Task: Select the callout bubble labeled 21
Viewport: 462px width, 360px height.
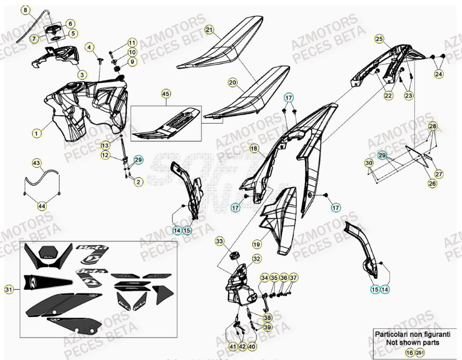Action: [209, 30]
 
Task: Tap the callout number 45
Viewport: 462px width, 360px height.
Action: [165, 94]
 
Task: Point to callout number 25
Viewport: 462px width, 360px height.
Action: [379, 39]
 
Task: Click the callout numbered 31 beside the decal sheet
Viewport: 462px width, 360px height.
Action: [8, 290]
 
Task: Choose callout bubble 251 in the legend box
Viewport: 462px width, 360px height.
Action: [419, 352]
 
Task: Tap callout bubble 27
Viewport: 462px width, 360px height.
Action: [439, 174]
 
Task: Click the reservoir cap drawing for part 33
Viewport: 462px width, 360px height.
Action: [234, 254]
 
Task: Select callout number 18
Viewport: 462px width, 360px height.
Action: [254, 148]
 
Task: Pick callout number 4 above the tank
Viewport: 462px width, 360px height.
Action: [90, 47]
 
